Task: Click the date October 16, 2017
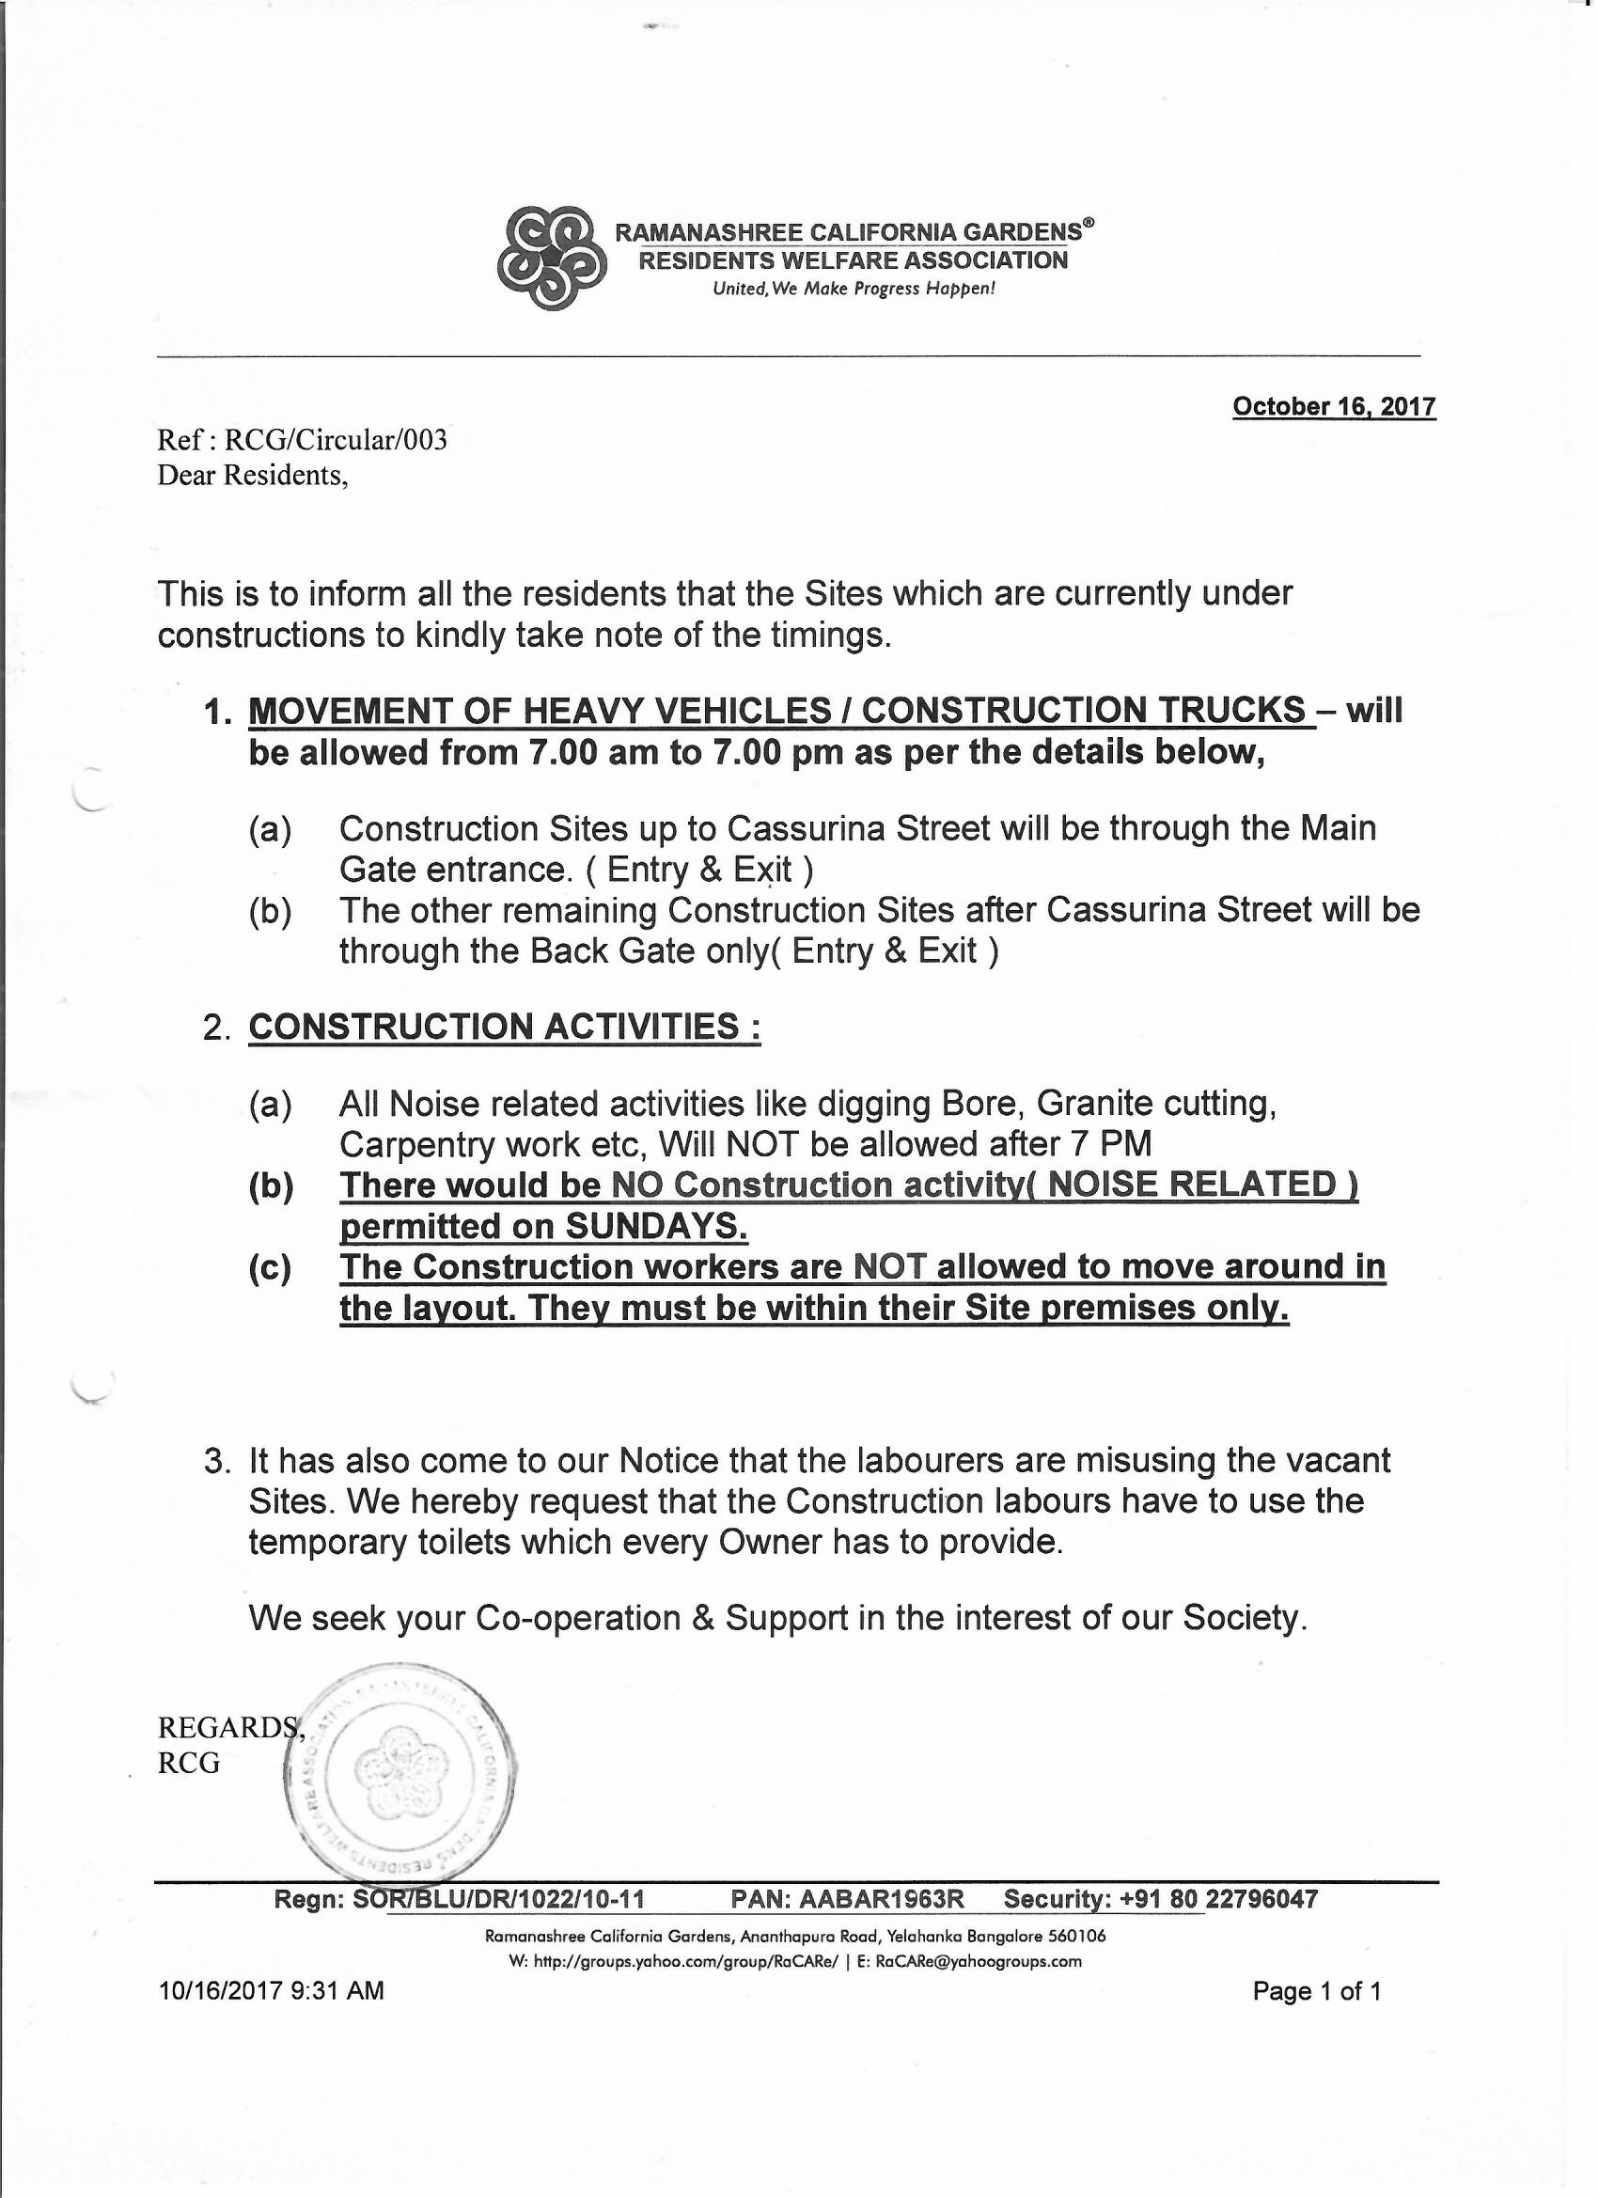pos(1334,406)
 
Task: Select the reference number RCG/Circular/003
pos(336,440)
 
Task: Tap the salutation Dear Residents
pos(252,475)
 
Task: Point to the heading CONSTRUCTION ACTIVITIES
pos(504,1027)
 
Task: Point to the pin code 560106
pos(1078,1937)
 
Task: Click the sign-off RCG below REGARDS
pos(189,1763)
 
